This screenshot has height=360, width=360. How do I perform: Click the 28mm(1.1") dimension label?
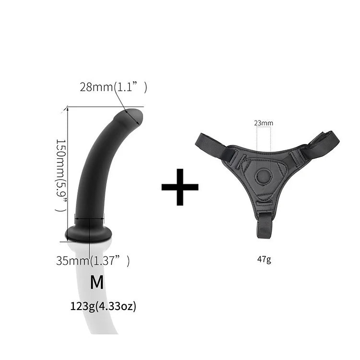click(113, 87)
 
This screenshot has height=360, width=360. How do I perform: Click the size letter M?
click(97, 282)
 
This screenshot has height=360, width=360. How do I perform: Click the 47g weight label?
click(264, 260)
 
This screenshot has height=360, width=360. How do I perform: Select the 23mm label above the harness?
click(264, 123)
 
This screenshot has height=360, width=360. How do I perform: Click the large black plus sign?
click(180, 187)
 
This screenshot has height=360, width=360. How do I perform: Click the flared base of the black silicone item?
click(89, 233)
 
